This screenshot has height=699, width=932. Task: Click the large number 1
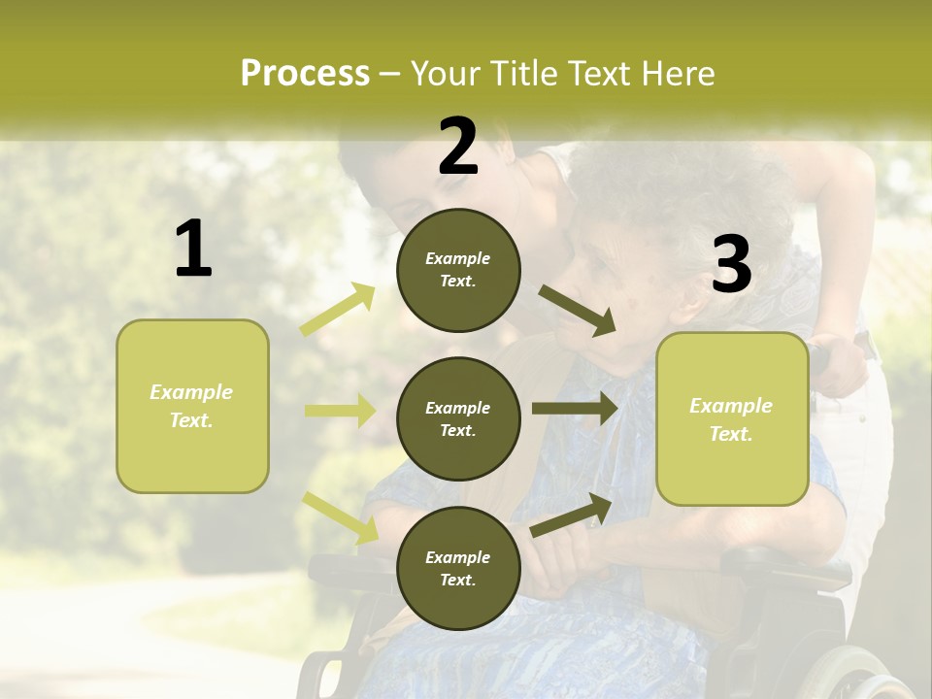(193, 250)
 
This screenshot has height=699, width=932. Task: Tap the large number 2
(458, 147)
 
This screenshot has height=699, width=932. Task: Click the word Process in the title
(305, 73)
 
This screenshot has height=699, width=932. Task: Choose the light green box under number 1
(192, 406)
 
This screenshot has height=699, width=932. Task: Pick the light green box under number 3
(732, 418)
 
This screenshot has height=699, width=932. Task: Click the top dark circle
(458, 270)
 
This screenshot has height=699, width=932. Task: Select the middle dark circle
(458, 418)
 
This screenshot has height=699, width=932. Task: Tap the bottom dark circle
(458, 568)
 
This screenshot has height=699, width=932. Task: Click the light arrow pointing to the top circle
(338, 310)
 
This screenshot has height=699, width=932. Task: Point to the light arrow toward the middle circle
(340, 411)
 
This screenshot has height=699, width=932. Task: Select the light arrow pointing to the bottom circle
(340, 517)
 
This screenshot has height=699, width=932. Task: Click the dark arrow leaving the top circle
(577, 311)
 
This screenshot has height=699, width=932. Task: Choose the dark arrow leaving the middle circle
(574, 409)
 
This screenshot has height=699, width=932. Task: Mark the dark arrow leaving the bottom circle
(571, 515)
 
